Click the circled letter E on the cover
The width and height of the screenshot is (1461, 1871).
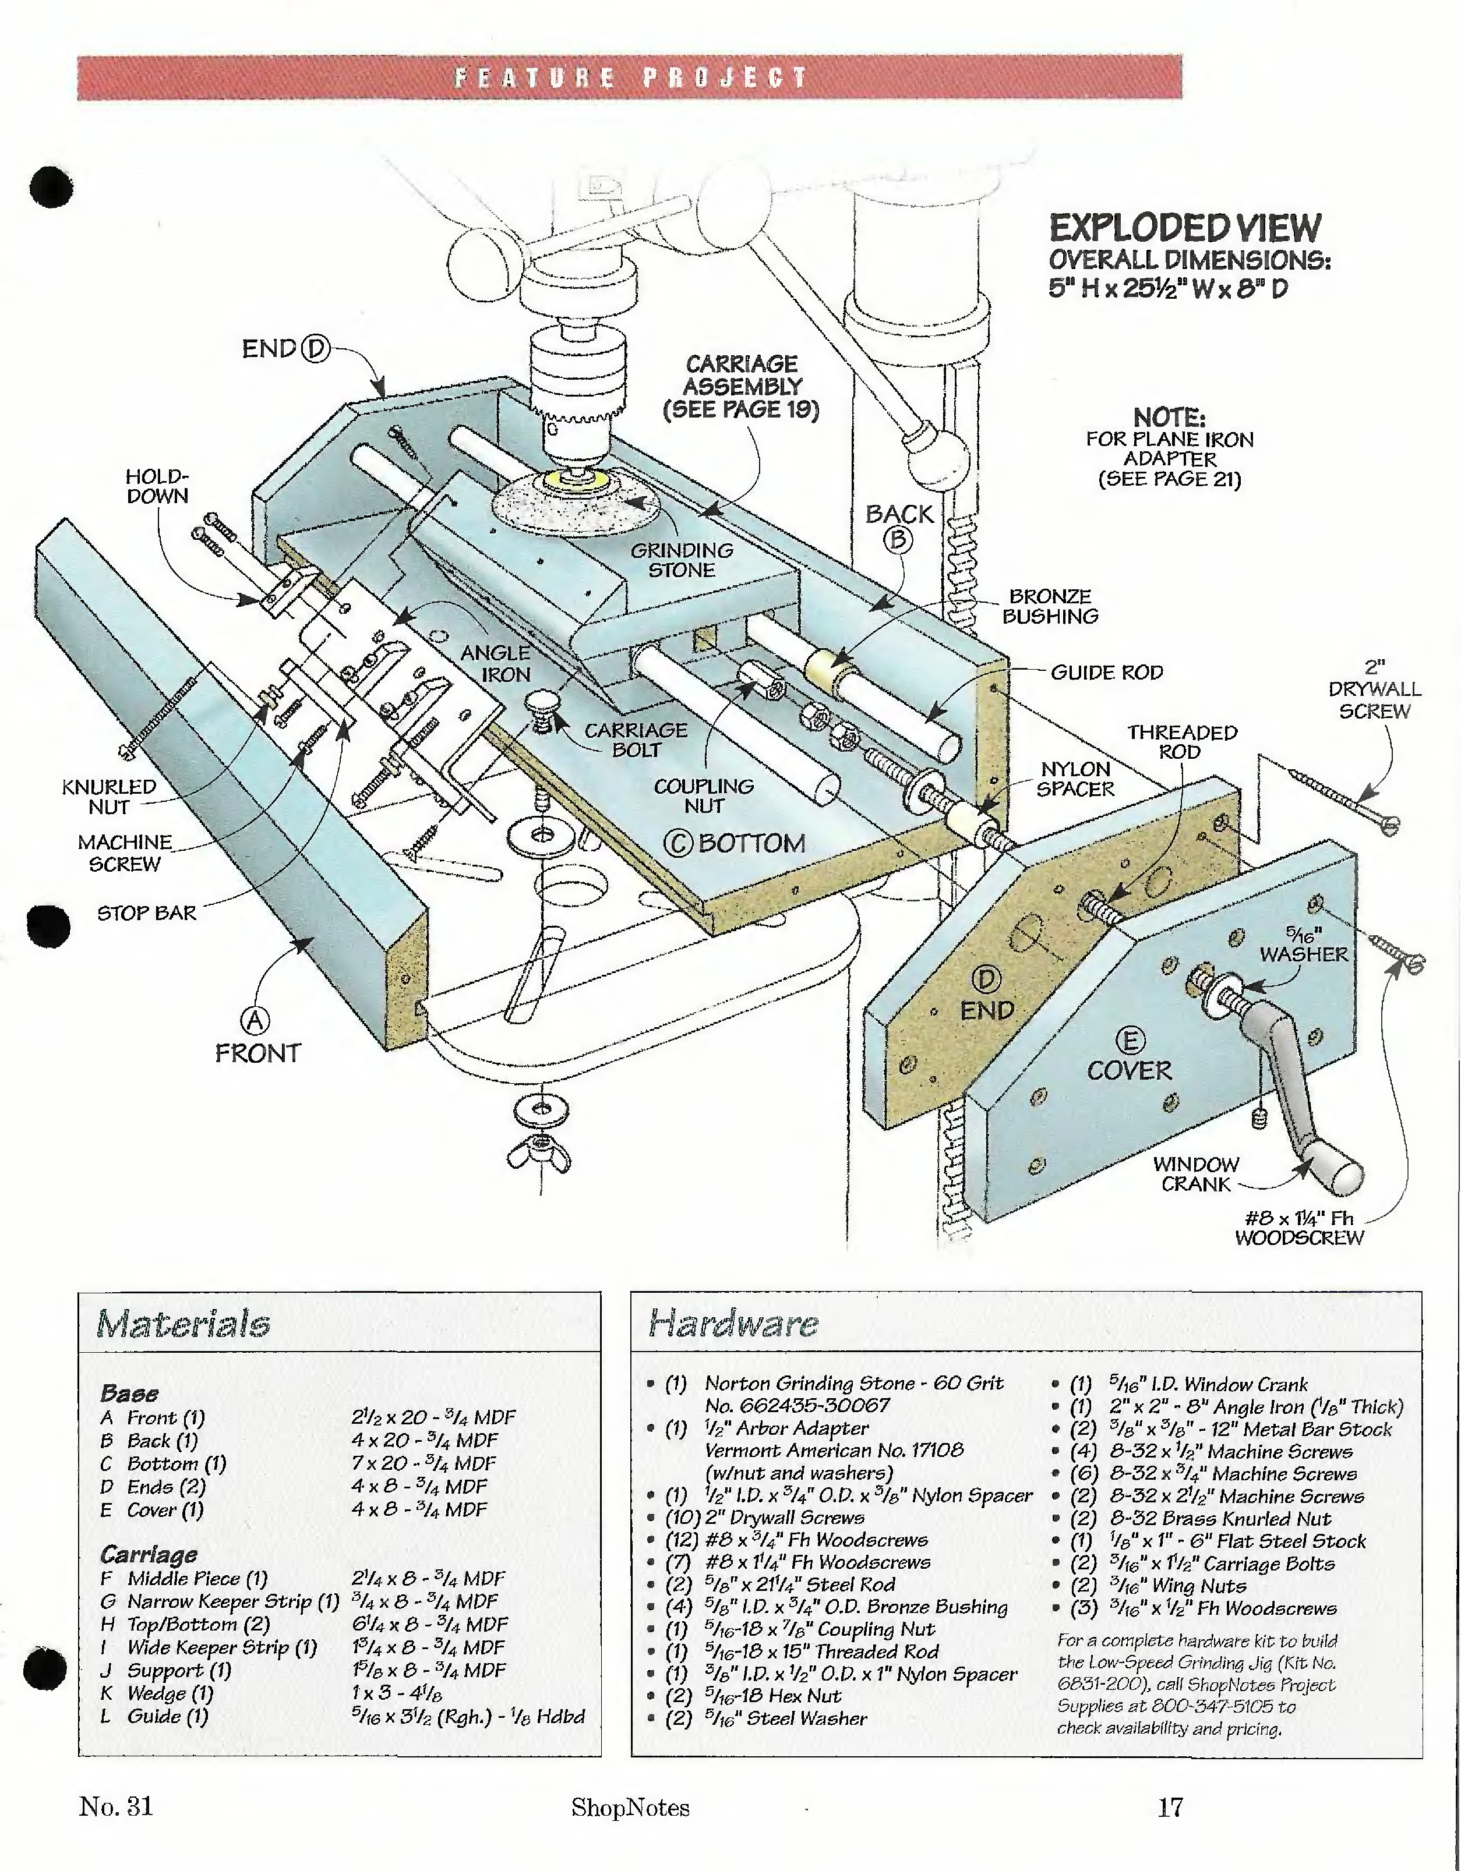point(1130,1040)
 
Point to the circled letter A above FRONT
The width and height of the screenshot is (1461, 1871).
point(255,1021)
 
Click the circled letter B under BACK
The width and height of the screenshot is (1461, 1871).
point(898,540)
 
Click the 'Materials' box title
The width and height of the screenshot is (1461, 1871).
point(183,1324)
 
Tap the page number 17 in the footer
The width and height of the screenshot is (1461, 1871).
point(1170,1808)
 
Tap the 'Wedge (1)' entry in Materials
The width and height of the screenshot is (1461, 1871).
point(170,1693)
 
